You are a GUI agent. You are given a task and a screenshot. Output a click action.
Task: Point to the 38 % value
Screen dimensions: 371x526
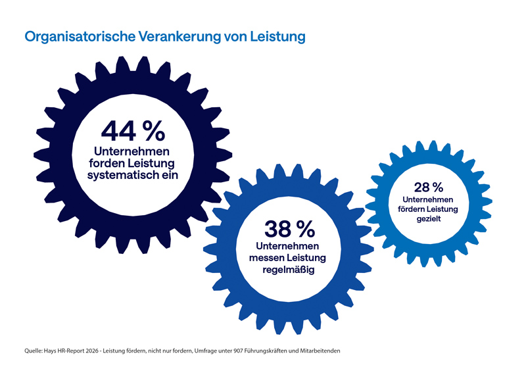(x=289, y=229)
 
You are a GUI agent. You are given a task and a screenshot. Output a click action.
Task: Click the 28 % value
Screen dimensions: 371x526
(x=428, y=188)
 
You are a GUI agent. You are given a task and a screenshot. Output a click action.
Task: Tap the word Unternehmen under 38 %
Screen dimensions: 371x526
(x=290, y=245)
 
